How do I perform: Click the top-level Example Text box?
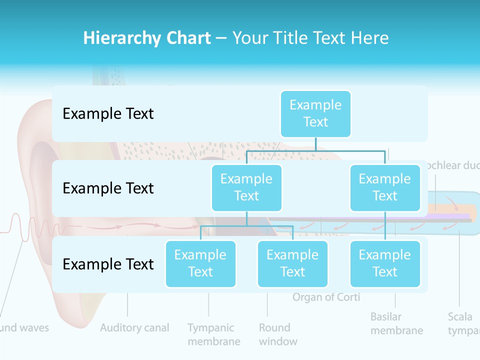pos(315,113)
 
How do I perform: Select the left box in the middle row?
pos(246,187)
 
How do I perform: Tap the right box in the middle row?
pos(385,187)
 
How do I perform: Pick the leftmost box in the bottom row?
pos(200,263)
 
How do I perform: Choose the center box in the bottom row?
pos(292,263)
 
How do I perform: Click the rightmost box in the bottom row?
pos(385,263)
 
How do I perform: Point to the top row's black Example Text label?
pos(108,114)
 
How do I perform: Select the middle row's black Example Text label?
pos(108,188)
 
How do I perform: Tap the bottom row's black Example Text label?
pos(108,264)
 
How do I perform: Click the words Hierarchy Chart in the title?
pos(147,38)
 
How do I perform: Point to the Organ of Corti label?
pos(326,297)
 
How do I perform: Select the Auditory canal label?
pos(134,328)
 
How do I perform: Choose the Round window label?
pos(277,334)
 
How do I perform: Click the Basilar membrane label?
pos(396,323)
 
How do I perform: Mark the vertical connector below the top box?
pos(315,144)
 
